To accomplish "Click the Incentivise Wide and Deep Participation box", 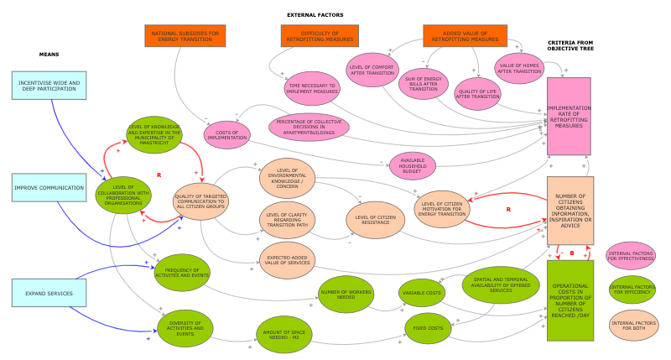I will pyautogui.click(x=49, y=86).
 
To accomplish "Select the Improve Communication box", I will pyautogui.click(x=49, y=188).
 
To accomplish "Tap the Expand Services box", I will pyautogui.click(x=49, y=293).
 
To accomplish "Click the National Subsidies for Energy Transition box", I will pyautogui.click(x=185, y=35).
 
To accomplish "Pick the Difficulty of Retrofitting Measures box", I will pyautogui.click(x=319, y=35).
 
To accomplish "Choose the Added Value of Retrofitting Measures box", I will pyautogui.click(x=464, y=35).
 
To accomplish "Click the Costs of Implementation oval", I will pyautogui.click(x=228, y=133).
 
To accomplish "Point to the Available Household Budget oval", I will pyautogui.click(x=413, y=164).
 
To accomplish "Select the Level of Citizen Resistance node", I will pyautogui.click(x=376, y=219).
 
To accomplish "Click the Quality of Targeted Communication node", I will pyautogui.click(x=200, y=201).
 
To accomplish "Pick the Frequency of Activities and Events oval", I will pyautogui.click(x=182, y=273).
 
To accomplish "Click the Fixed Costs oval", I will pyautogui.click(x=429, y=327).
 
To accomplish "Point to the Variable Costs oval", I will pyautogui.click(x=422, y=293).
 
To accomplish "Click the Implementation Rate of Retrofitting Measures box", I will pyautogui.click(x=569, y=116).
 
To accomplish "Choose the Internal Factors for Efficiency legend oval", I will pyautogui.click(x=632, y=290).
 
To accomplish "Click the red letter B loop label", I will pyautogui.click(x=571, y=253).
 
